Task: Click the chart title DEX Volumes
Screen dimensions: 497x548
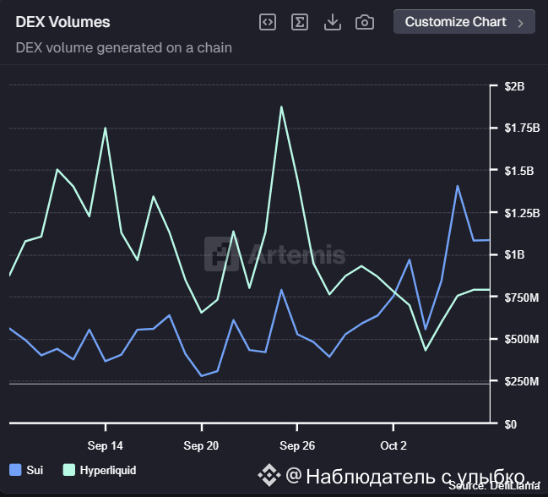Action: pyautogui.click(x=62, y=22)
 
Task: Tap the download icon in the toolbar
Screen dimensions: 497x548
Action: pyautogui.click(x=333, y=22)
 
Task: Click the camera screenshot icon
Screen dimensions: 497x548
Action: pyautogui.click(x=365, y=22)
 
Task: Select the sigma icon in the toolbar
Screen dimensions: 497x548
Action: pyautogui.click(x=299, y=22)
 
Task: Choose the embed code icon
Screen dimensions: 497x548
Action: pyautogui.click(x=267, y=22)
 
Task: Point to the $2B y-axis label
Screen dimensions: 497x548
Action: pyautogui.click(x=514, y=86)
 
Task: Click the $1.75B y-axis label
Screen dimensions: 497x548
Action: pyautogui.click(x=520, y=128)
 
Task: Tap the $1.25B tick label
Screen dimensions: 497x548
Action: pyautogui.click(x=520, y=213)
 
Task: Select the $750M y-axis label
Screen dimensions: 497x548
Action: pyautogui.click(x=519, y=298)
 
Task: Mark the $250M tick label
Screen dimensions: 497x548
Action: pyautogui.click(x=519, y=382)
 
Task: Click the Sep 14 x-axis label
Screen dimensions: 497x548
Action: pyautogui.click(x=105, y=445)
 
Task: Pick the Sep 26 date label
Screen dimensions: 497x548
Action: pyautogui.click(x=297, y=445)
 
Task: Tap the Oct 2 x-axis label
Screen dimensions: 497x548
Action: pyautogui.click(x=393, y=445)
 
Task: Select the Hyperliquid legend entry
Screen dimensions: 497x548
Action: pyautogui.click(x=100, y=470)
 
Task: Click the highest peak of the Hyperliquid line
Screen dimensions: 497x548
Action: pyautogui.click(x=281, y=106)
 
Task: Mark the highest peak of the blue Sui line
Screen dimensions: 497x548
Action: pyautogui.click(x=458, y=186)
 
